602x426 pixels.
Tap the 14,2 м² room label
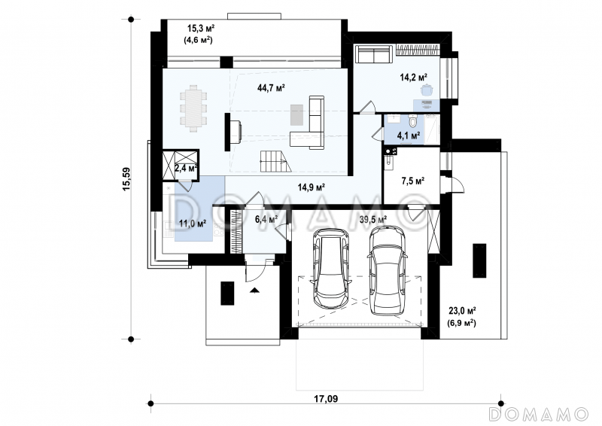pos(413,77)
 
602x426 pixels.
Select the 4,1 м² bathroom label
pos(398,136)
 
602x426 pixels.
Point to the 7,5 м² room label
pos(413,181)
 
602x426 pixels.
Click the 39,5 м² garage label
pos(373,219)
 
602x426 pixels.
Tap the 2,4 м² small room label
pos(185,169)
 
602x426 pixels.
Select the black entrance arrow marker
pos(255,289)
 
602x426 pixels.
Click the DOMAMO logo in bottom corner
pos(538,413)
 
